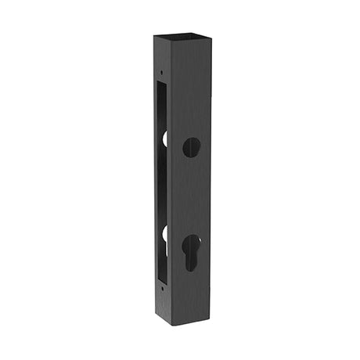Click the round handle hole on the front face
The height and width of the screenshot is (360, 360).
191,147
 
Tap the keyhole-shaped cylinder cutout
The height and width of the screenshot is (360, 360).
191,251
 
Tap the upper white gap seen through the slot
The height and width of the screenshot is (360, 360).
165,139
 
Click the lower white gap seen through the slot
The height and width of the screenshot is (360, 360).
165,238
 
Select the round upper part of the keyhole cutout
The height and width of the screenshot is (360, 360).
191,243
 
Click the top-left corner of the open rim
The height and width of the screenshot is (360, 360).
154,36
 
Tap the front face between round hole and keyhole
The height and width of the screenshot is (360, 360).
191,196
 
